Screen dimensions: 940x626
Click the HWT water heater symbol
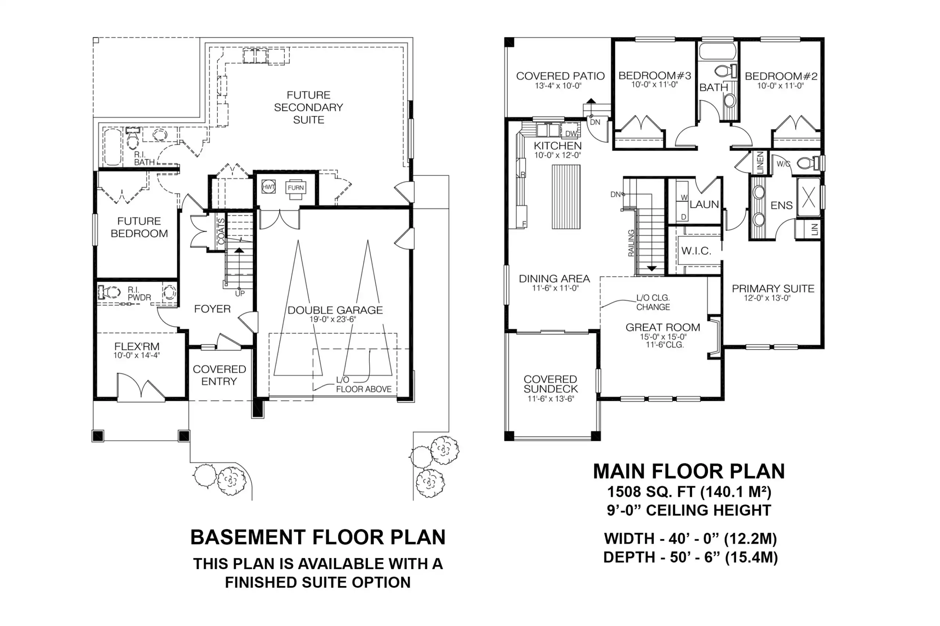coord(268,187)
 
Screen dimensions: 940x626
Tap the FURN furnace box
coord(296,188)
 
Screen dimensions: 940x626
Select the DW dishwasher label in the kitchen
coord(571,133)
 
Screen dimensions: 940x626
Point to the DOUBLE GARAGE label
coord(335,310)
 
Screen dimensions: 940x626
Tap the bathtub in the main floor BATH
coord(718,52)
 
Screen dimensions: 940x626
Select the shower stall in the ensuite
coord(809,197)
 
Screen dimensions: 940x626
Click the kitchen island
coord(566,197)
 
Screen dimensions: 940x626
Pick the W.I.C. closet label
coord(696,251)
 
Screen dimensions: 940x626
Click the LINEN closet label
coord(760,162)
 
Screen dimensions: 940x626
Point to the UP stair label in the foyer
coord(240,293)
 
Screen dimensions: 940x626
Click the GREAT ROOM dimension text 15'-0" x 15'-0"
coord(663,337)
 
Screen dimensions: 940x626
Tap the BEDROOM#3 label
coord(655,76)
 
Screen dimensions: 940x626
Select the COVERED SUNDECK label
coord(550,384)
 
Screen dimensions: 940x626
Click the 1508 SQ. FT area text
coord(651,492)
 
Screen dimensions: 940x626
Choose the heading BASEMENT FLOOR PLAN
coord(318,537)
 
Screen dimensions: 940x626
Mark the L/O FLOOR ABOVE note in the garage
coord(363,384)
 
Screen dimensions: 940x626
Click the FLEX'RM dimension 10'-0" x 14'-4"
coord(137,355)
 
